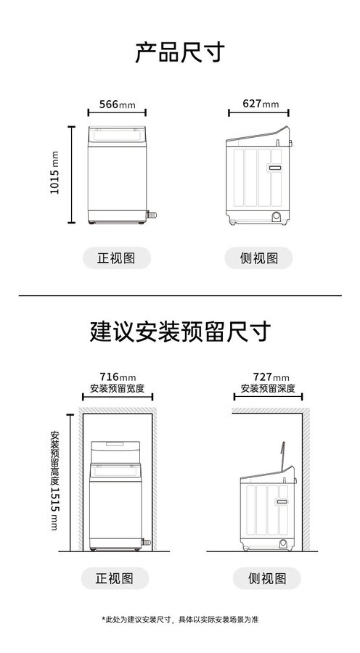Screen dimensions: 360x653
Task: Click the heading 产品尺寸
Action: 179,52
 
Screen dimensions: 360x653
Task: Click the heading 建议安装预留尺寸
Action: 181,332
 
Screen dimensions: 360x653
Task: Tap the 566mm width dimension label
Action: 117,104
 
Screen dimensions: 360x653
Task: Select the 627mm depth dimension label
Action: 261,103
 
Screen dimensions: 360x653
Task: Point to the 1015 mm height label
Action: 54,173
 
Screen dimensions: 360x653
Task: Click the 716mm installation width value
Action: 118,377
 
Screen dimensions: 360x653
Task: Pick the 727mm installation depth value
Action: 271,377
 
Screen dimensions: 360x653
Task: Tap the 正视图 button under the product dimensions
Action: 117,258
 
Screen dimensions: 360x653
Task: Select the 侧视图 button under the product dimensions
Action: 258,258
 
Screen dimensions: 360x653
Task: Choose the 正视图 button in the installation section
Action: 115,578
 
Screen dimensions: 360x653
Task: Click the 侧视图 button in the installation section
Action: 266,578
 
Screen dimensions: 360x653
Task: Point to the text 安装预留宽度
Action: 117,389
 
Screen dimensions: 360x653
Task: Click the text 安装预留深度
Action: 268,389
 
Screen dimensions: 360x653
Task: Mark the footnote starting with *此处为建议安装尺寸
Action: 180,620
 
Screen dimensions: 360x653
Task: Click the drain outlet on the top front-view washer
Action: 152,215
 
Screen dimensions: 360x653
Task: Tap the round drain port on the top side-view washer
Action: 276,215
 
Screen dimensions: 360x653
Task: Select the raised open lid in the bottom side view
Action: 282,456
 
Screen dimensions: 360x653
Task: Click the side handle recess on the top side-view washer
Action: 274,168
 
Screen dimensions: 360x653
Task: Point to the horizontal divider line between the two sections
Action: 180,296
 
